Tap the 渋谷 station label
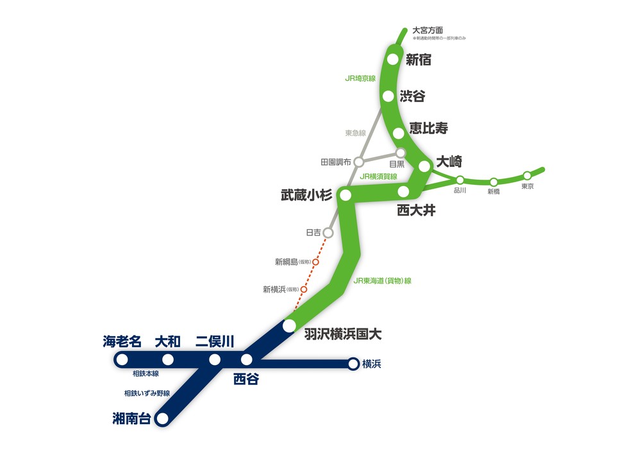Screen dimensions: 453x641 pos(412,96)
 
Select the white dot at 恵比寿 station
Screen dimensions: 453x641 pos(399,133)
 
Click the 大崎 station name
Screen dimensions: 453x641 pos(449,162)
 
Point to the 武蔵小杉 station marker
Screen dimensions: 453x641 pos(346,195)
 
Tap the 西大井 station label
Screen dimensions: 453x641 pos(416,210)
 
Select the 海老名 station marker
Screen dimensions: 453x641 pos(121,359)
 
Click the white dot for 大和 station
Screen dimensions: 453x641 pos(168,359)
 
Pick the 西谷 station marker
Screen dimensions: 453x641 pos(247,359)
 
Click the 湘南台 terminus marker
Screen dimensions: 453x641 pos(162,419)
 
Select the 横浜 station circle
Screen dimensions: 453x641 pos(353,364)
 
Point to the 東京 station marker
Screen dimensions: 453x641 pos(527,175)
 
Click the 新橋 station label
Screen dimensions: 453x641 pos(494,191)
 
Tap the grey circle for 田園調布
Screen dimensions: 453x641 pos(359,162)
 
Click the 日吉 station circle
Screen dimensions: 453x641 pos(328,232)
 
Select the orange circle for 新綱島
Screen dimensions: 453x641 pos(315,262)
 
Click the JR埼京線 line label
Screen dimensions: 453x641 pos(360,78)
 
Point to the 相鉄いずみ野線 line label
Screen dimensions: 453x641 pos(146,393)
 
